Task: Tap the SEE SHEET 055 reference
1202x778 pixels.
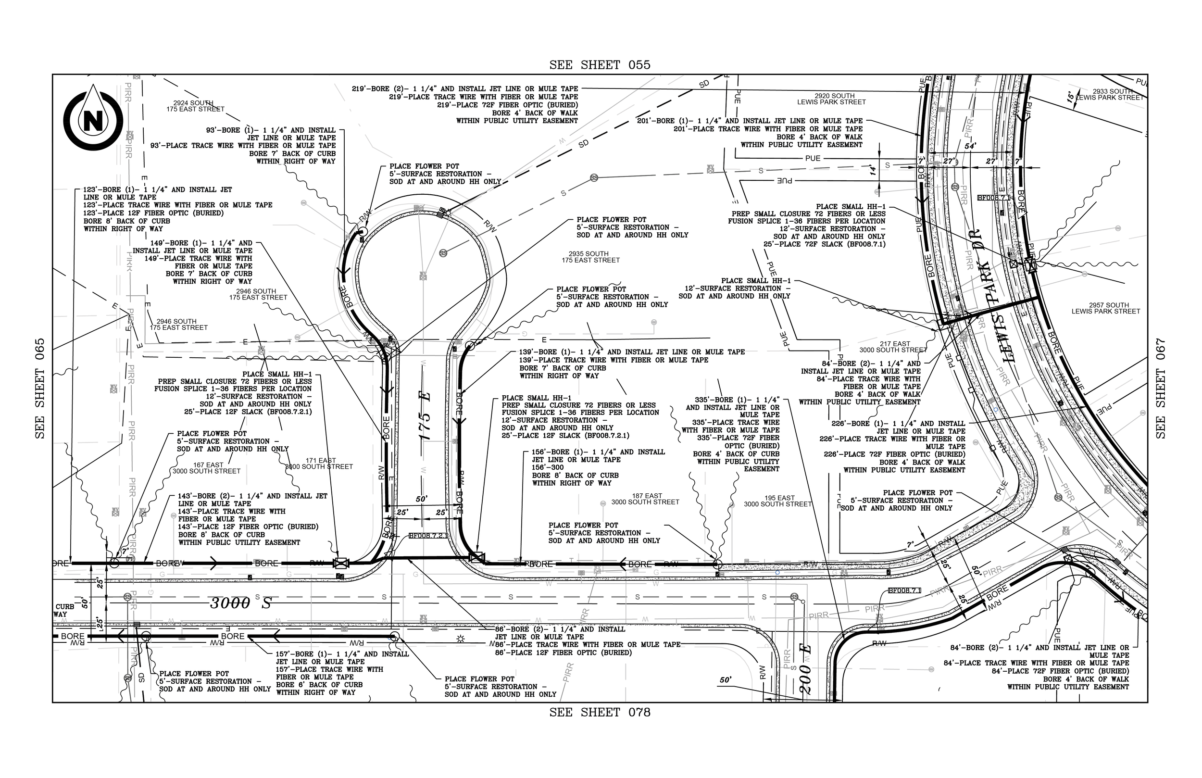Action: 600,64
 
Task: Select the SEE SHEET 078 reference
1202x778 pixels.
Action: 600,712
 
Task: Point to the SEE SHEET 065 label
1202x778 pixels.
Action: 40,389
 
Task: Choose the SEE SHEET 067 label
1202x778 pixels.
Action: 1161,389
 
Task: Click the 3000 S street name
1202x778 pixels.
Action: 241,602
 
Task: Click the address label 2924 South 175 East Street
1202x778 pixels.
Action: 196,106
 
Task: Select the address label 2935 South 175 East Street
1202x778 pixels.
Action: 590,257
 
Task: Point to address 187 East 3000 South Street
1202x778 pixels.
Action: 645,499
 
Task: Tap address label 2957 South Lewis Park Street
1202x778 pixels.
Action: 1105,308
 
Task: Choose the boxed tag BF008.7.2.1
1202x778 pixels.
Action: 427,536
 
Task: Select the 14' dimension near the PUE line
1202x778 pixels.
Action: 872,171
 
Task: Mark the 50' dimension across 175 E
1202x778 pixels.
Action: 422,499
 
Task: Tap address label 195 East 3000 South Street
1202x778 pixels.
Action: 778,501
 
